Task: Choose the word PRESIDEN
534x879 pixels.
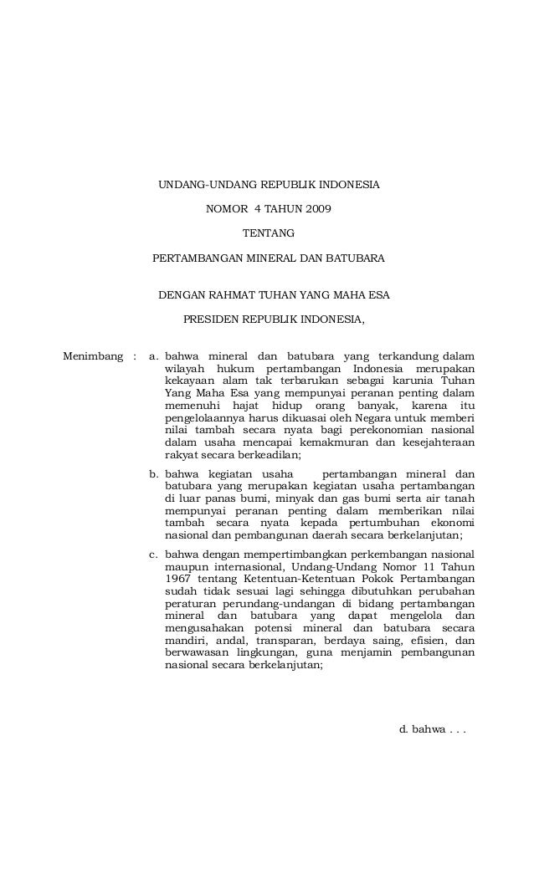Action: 209,319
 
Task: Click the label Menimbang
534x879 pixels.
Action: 92,359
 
